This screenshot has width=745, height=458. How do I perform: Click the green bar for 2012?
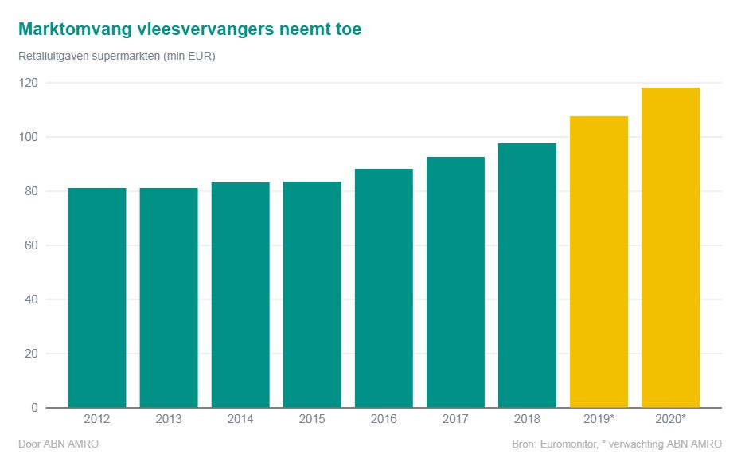pyautogui.click(x=97, y=298)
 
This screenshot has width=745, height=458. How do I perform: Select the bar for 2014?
pyautogui.click(x=240, y=295)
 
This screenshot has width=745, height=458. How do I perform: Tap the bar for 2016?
pyautogui.click(x=384, y=288)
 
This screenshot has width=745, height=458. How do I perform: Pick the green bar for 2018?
pyautogui.click(x=527, y=276)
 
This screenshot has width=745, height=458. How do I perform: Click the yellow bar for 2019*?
pyautogui.click(x=599, y=262)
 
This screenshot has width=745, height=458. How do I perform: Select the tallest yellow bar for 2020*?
pyautogui.click(x=670, y=248)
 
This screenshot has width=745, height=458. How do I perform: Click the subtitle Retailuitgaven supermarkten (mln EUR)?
pyautogui.click(x=116, y=57)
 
